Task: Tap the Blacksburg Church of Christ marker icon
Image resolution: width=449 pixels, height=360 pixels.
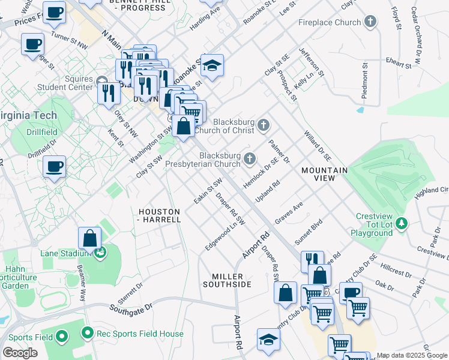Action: (x=263, y=125)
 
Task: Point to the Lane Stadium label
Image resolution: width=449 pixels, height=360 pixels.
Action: (x=58, y=253)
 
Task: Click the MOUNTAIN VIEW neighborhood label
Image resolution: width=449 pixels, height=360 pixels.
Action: (x=324, y=170)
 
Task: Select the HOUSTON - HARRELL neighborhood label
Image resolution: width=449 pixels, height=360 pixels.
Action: (x=159, y=216)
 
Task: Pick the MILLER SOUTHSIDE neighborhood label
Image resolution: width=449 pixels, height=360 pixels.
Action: (x=231, y=280)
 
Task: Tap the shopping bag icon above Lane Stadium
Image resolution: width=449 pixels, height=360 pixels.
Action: (x=89, y=238)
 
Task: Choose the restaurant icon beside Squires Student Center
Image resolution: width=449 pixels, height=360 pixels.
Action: (x=109, y=92)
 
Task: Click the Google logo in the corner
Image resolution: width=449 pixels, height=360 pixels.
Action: (x=20, y=353)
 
